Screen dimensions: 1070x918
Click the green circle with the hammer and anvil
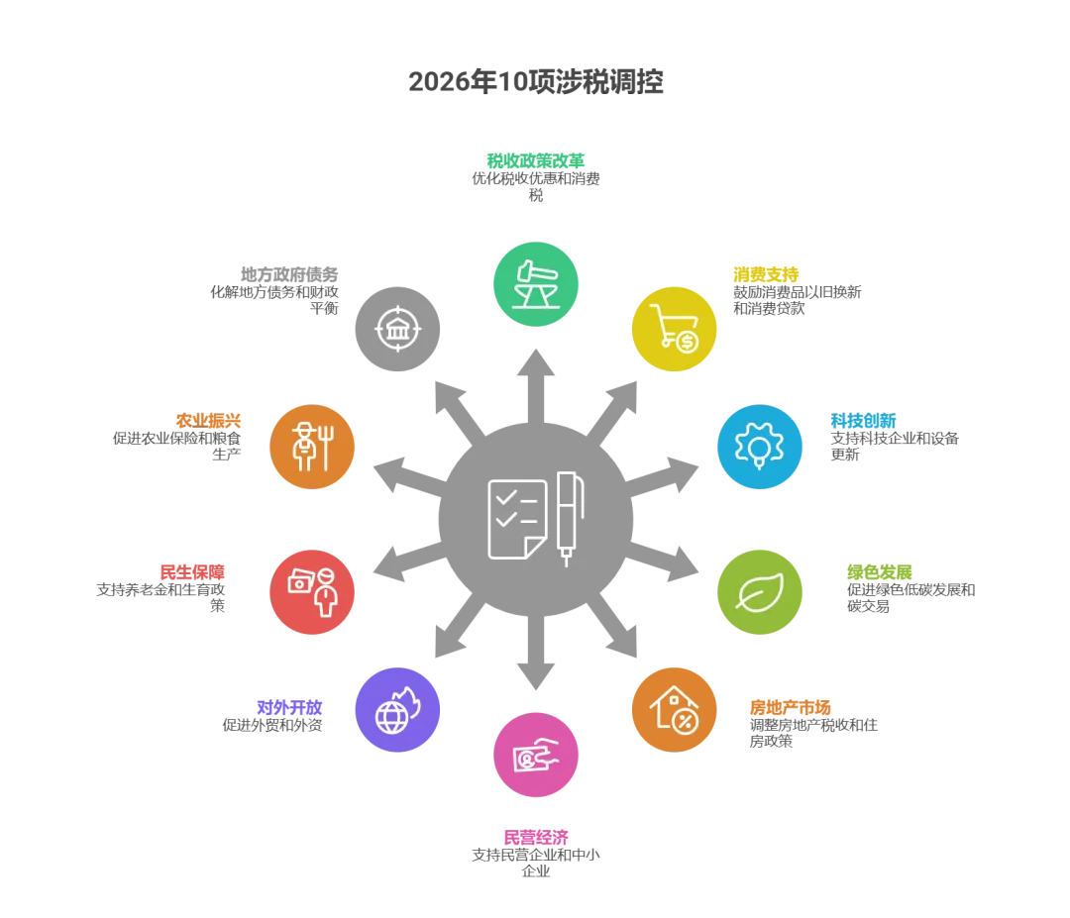coord(536,282)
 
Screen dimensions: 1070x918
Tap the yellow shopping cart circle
coord(675,328)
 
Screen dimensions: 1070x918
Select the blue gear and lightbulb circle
coord(760,446)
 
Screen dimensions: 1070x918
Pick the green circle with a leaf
coord(760,592)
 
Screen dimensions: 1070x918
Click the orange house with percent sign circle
coord(675,710)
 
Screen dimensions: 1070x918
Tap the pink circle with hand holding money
coord(536,756)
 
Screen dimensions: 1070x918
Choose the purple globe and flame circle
coord(398,708)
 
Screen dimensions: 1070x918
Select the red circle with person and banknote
coord(312,591)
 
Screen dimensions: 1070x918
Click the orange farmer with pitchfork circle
coord(312,447)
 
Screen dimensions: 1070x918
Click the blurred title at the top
coord(535,80)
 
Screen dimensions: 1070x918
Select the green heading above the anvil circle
coord(535,159)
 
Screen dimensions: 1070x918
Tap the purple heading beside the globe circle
coord(288,707)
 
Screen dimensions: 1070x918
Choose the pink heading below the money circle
coord(535,837)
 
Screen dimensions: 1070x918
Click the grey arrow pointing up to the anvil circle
coord(535,371)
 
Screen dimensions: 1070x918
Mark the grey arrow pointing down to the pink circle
coord(535,663)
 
